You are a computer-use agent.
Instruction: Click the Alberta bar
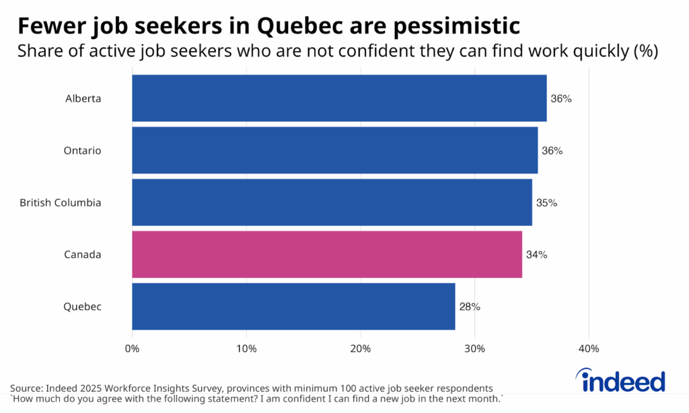point(339,98)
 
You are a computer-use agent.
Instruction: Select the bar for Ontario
point(334,151)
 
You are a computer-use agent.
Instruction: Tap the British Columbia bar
point(332,202)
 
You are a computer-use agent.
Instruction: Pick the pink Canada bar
point(327,254)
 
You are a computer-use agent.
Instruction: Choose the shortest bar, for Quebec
point(293,307)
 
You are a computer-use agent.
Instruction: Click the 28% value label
point(470,307)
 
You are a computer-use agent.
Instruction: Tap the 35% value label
point(546,202)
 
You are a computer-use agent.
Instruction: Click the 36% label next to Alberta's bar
point(561,99)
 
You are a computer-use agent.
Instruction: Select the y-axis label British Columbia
point(61,202)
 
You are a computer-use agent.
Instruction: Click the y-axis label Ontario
point(82,151)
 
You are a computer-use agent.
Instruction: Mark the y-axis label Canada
point(82,255)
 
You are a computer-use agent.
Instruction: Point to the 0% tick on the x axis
point(132,349)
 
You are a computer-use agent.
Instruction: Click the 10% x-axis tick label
point(246,349)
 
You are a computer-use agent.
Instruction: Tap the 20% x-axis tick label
point(361,349)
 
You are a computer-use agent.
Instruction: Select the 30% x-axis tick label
point(475,349)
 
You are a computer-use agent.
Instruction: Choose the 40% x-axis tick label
point(589,349)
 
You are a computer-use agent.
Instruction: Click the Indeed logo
point(622,381)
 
